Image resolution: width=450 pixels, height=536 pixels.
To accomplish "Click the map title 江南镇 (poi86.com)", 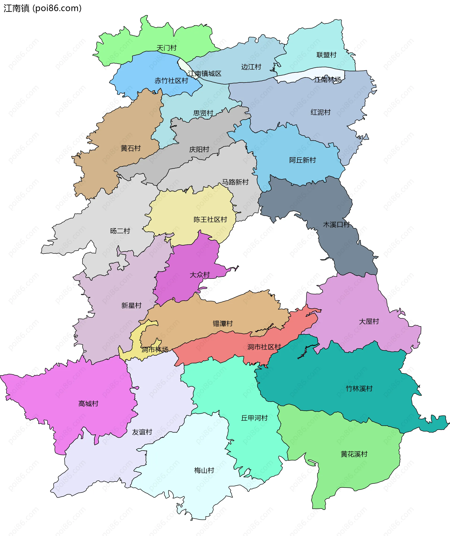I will pyautogui.click(x=42, y=8).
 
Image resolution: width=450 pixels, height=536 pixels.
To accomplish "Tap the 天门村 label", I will pyautogui.click(x=166, y=48).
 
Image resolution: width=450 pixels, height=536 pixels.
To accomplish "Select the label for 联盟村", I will pyautogui.click(x=326, y=55).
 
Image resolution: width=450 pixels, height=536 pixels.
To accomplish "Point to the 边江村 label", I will pyautogui.click(x=251, y=67).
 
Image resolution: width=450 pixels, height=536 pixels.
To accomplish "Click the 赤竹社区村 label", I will pyautogui.click(x=171, y=81).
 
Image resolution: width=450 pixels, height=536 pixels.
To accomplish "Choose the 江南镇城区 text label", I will pyautogui.click(x=205, y=74).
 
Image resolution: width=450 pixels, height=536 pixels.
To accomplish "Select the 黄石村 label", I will pyautogui.click(x=131, y=148).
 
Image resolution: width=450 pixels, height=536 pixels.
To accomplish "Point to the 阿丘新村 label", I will pyautogui.click(x=302, y=160).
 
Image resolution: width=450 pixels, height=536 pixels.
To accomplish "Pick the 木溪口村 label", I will pyautogui.click(x=336, y=225).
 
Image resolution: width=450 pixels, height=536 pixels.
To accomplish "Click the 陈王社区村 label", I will pyautogui.click(x=210, y=220).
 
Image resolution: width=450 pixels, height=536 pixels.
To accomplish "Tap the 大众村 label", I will pyautogui.click(x=199, y=275).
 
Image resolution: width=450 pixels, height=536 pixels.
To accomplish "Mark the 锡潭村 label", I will pyautogui.click(x=223, y=323).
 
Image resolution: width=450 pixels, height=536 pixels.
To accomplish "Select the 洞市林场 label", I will pyautogui.click(x=155, y=350).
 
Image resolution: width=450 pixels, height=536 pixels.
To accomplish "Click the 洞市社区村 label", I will pyautogui.click(x=264, y=347).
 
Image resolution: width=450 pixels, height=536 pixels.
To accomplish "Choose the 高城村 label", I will pyautogui.click(x=88, y=404).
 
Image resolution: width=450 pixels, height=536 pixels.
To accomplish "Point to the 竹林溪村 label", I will pyautogui.click(x=359, y=388).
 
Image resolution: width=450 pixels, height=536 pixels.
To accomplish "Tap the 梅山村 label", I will pyautogui.click(x=204, y=470).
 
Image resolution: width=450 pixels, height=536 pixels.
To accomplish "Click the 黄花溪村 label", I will pyautogui.click(x=354, y=454).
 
